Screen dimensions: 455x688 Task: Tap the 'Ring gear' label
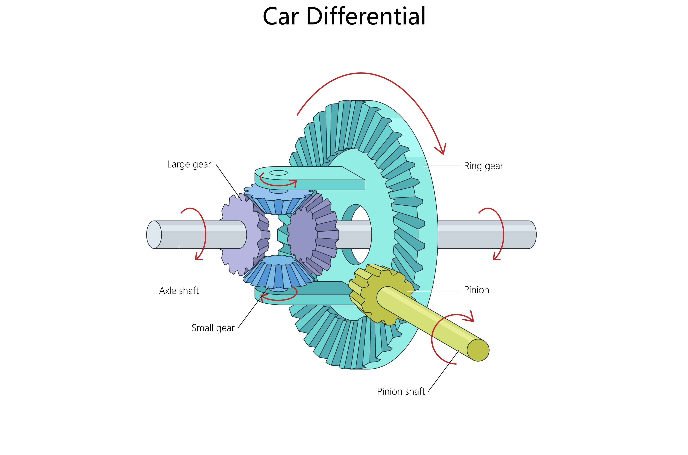(483, 166)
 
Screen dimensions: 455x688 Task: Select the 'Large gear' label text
(189, 164)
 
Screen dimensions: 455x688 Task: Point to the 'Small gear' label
(213, 328)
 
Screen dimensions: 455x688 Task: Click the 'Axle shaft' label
(179, 291)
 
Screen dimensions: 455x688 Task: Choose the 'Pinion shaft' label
(401, 391)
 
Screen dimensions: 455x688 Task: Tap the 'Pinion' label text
(476, 290)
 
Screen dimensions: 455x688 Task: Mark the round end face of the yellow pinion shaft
(478, 350)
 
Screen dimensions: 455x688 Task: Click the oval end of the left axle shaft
(154, 234)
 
